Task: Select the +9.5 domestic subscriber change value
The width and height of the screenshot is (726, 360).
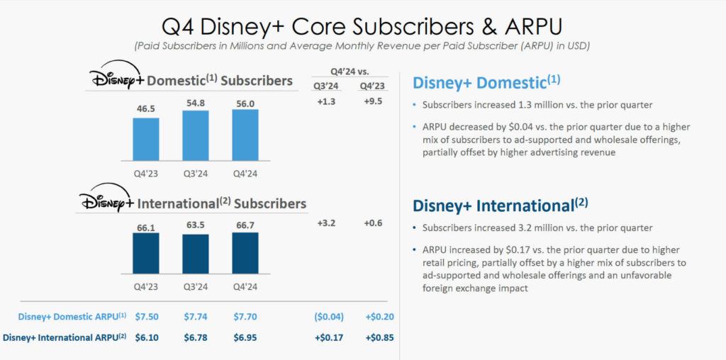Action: click(x=374, y=101)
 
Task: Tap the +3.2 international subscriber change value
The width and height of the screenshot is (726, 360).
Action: click(x=326, y=223)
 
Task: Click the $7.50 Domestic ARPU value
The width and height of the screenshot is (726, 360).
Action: click(x=146, y=316)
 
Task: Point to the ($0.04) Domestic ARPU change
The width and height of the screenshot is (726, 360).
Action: click(x=326, y=316)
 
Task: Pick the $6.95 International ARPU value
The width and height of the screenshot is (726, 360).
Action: click(x=245, y=337)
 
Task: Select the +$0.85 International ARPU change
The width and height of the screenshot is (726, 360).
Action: click(x=374, y=337)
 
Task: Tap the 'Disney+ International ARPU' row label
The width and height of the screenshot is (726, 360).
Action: click(x=65, y=337)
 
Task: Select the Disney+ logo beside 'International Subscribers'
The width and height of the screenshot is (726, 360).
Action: click(x=106, y=201)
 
